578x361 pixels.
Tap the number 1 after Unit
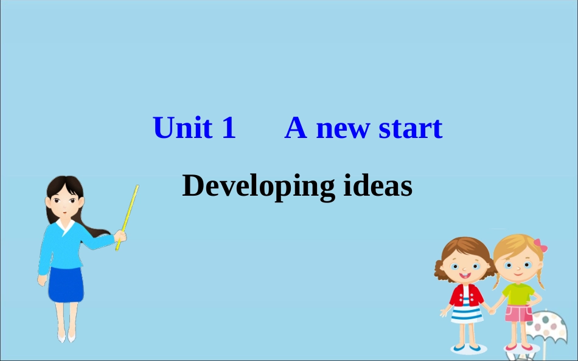tap(229, 128)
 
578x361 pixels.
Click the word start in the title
tap(411, 129)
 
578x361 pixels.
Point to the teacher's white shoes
tap(66, 335)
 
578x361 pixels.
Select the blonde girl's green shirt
tap(518, 293)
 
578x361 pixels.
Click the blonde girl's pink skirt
tap(518, 314)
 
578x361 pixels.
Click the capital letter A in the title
tap(296, 128)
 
